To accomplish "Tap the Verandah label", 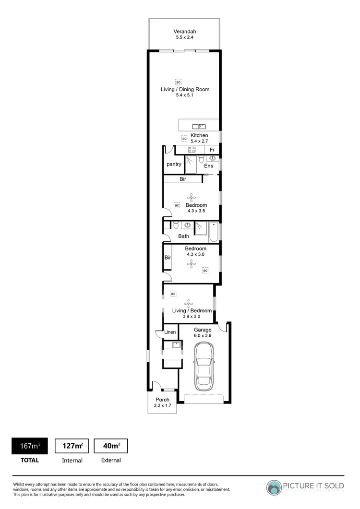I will click(185, 32).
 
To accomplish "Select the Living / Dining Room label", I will click(185, 89).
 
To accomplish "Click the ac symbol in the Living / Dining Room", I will click(178, 82).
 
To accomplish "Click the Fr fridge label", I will click(212, 150).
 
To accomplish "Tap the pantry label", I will click(174, 164).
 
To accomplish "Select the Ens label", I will click(208, 166).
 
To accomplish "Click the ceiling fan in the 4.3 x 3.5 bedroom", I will click(192, 197).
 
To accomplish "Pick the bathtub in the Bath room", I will click(213, 231).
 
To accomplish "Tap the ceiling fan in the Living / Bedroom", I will click(188, 303).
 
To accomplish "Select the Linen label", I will click(170, 332).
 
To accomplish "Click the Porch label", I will click(162, 400).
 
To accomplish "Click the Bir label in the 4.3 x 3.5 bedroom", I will click(183, 179).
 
